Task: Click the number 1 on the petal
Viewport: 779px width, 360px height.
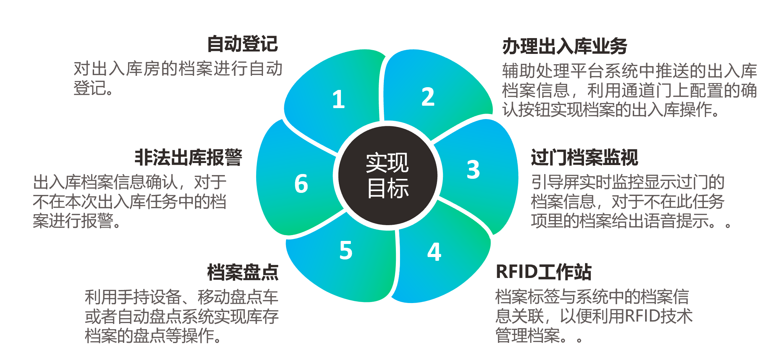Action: (339, 100)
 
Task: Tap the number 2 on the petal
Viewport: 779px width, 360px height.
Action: (428, 97)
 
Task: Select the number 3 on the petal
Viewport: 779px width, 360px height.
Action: (473, 170)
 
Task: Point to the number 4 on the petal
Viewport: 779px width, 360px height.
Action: (434, 252)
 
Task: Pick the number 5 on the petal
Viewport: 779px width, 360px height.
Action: (346, 250)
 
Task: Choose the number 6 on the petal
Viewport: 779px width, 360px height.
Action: (301, 184)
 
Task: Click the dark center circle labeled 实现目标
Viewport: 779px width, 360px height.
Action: (388, 176)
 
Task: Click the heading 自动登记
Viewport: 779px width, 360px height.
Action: (242, 44)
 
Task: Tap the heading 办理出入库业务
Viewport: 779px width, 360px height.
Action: (565, 46)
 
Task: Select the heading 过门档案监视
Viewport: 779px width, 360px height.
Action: (584, 158)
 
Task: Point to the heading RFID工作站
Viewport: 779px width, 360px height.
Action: (543, 272)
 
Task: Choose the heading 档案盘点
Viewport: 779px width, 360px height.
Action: (243, 272)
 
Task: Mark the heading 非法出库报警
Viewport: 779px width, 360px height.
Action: (188, 158)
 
